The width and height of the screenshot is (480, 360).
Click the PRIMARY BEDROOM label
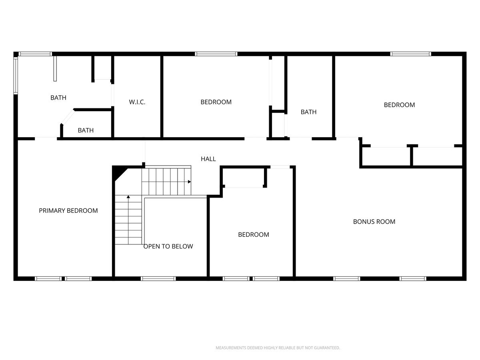(x=68, y=210)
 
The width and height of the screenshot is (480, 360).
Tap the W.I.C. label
(x=137, y=102)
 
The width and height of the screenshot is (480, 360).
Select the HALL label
(x=208, y=159)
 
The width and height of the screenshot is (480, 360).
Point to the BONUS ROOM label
(x=374, y=222)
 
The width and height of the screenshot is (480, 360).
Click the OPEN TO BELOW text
(x=168, y=246)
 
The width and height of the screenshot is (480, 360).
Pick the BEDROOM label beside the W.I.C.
(x=216, y=102)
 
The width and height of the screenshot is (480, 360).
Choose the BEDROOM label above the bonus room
(x=399, y=105)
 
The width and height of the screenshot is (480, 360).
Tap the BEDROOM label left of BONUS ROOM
(x=254, y=234)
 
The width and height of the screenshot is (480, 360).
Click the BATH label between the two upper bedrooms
(x=308, y=112)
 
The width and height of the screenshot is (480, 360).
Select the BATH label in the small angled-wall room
(x=86, y=130)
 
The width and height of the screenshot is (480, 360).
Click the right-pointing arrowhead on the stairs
(x=189, y=182)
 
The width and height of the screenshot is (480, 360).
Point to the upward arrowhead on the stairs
(x=128, y=197)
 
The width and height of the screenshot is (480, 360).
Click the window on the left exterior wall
(x=16, y=76)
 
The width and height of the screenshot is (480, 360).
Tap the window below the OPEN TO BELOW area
(x=158, y=278)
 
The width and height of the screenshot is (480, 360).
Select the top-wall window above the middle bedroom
(x=216, y=54)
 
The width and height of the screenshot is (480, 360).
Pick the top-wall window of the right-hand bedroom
(x=410, y=54)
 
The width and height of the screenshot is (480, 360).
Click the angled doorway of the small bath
(x=68, y=117)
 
